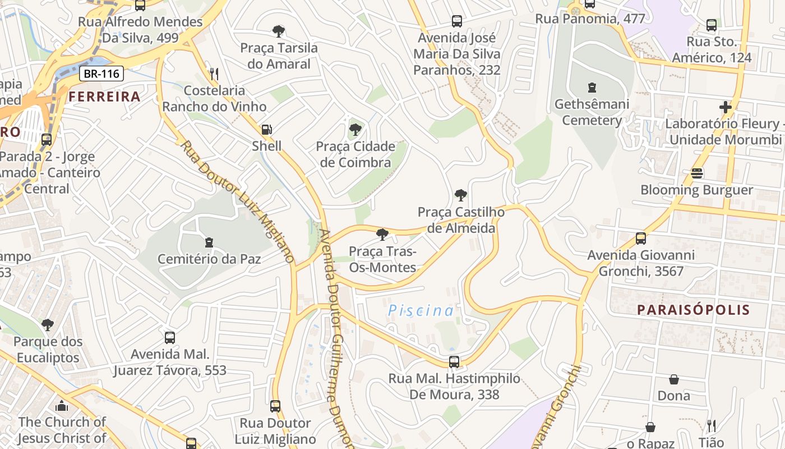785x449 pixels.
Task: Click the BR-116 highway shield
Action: coord(101,74)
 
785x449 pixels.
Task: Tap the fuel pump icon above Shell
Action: coord(267,130)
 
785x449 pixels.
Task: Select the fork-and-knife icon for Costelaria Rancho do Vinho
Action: coord(214,74)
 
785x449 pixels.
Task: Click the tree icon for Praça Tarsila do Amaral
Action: coord(279,31)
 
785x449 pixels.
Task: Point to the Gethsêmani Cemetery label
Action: coord(592,112)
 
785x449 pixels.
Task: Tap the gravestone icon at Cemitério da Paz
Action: coord(209,242)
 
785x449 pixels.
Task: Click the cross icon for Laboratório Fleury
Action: coord(726,107)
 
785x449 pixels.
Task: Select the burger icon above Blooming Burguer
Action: coord(697,173)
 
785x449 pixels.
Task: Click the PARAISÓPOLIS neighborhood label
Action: coord(693,310)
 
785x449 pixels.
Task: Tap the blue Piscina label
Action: coord(421,310)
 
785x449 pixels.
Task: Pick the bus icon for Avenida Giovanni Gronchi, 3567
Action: coord(641,239)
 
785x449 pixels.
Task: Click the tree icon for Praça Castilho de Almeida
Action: coord(461,195)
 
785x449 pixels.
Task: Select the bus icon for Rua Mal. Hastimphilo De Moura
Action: coord(454,362)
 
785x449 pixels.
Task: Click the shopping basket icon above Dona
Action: coord(674,379)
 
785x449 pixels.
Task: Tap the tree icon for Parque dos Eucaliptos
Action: coord(48,325)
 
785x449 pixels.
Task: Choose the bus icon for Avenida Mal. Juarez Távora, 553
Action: coord(170,338)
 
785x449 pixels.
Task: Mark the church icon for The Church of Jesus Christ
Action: coord(62,405)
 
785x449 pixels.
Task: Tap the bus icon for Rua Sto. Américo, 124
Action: coord(712,25)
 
